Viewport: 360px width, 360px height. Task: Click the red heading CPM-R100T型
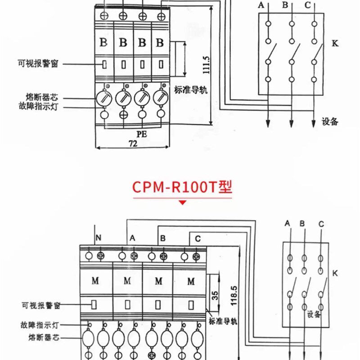click(x=182, y=187)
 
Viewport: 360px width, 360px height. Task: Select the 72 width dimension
click(x=133, y=144)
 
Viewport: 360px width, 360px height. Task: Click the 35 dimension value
click(x=215, y=296)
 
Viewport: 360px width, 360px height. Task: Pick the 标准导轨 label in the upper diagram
click(x=190, y=90)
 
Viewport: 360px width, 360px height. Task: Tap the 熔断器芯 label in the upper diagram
click(x=42, y=97)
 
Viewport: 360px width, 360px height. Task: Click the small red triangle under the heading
click(x=182, y=203)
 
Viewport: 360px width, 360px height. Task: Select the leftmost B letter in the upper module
click(x=103, y=44)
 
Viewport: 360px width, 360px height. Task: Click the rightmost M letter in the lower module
click(x=191, y=281)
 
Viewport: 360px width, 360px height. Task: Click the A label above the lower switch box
click(x=288, y=223)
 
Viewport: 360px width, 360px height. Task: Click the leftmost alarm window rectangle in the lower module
click(x=94, y=304)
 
